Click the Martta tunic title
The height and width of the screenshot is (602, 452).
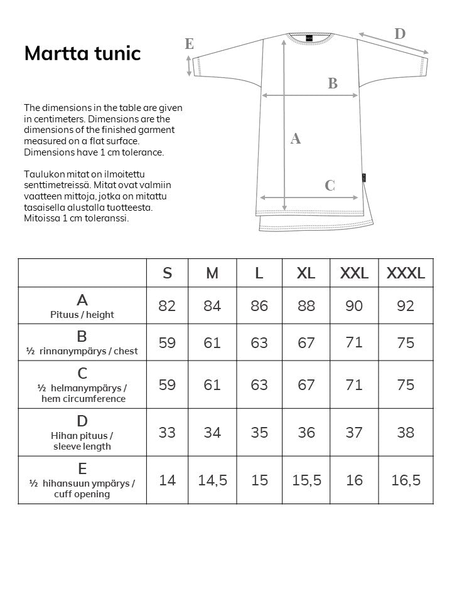[82, 53]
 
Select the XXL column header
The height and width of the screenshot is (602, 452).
[354, 273]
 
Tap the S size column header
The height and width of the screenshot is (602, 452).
[167, 273]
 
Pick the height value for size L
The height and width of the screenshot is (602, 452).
[259, 306]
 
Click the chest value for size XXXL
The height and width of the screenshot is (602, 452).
[406, 342]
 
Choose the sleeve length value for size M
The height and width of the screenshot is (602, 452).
[212, 433]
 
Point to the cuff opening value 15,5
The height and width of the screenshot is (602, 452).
[306, 480]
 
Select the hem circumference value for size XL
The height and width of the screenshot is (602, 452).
[306, 384]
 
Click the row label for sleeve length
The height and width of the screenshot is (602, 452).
[82, 433]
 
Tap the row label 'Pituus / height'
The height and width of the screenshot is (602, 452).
[82, 306]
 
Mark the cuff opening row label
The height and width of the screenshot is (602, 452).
[82, 480]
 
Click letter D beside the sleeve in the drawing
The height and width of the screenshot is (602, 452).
[400, 34]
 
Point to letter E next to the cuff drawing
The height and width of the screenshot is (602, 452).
[189, 44]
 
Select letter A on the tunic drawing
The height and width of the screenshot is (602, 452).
[296, 139]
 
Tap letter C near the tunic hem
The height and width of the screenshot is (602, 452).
[330, 186]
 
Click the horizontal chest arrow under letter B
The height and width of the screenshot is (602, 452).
[309, 95]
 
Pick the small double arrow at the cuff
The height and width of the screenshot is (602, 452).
[190, 65]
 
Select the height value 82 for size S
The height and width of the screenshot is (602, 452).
[167, 306]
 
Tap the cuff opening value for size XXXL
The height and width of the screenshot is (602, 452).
[406, 480]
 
